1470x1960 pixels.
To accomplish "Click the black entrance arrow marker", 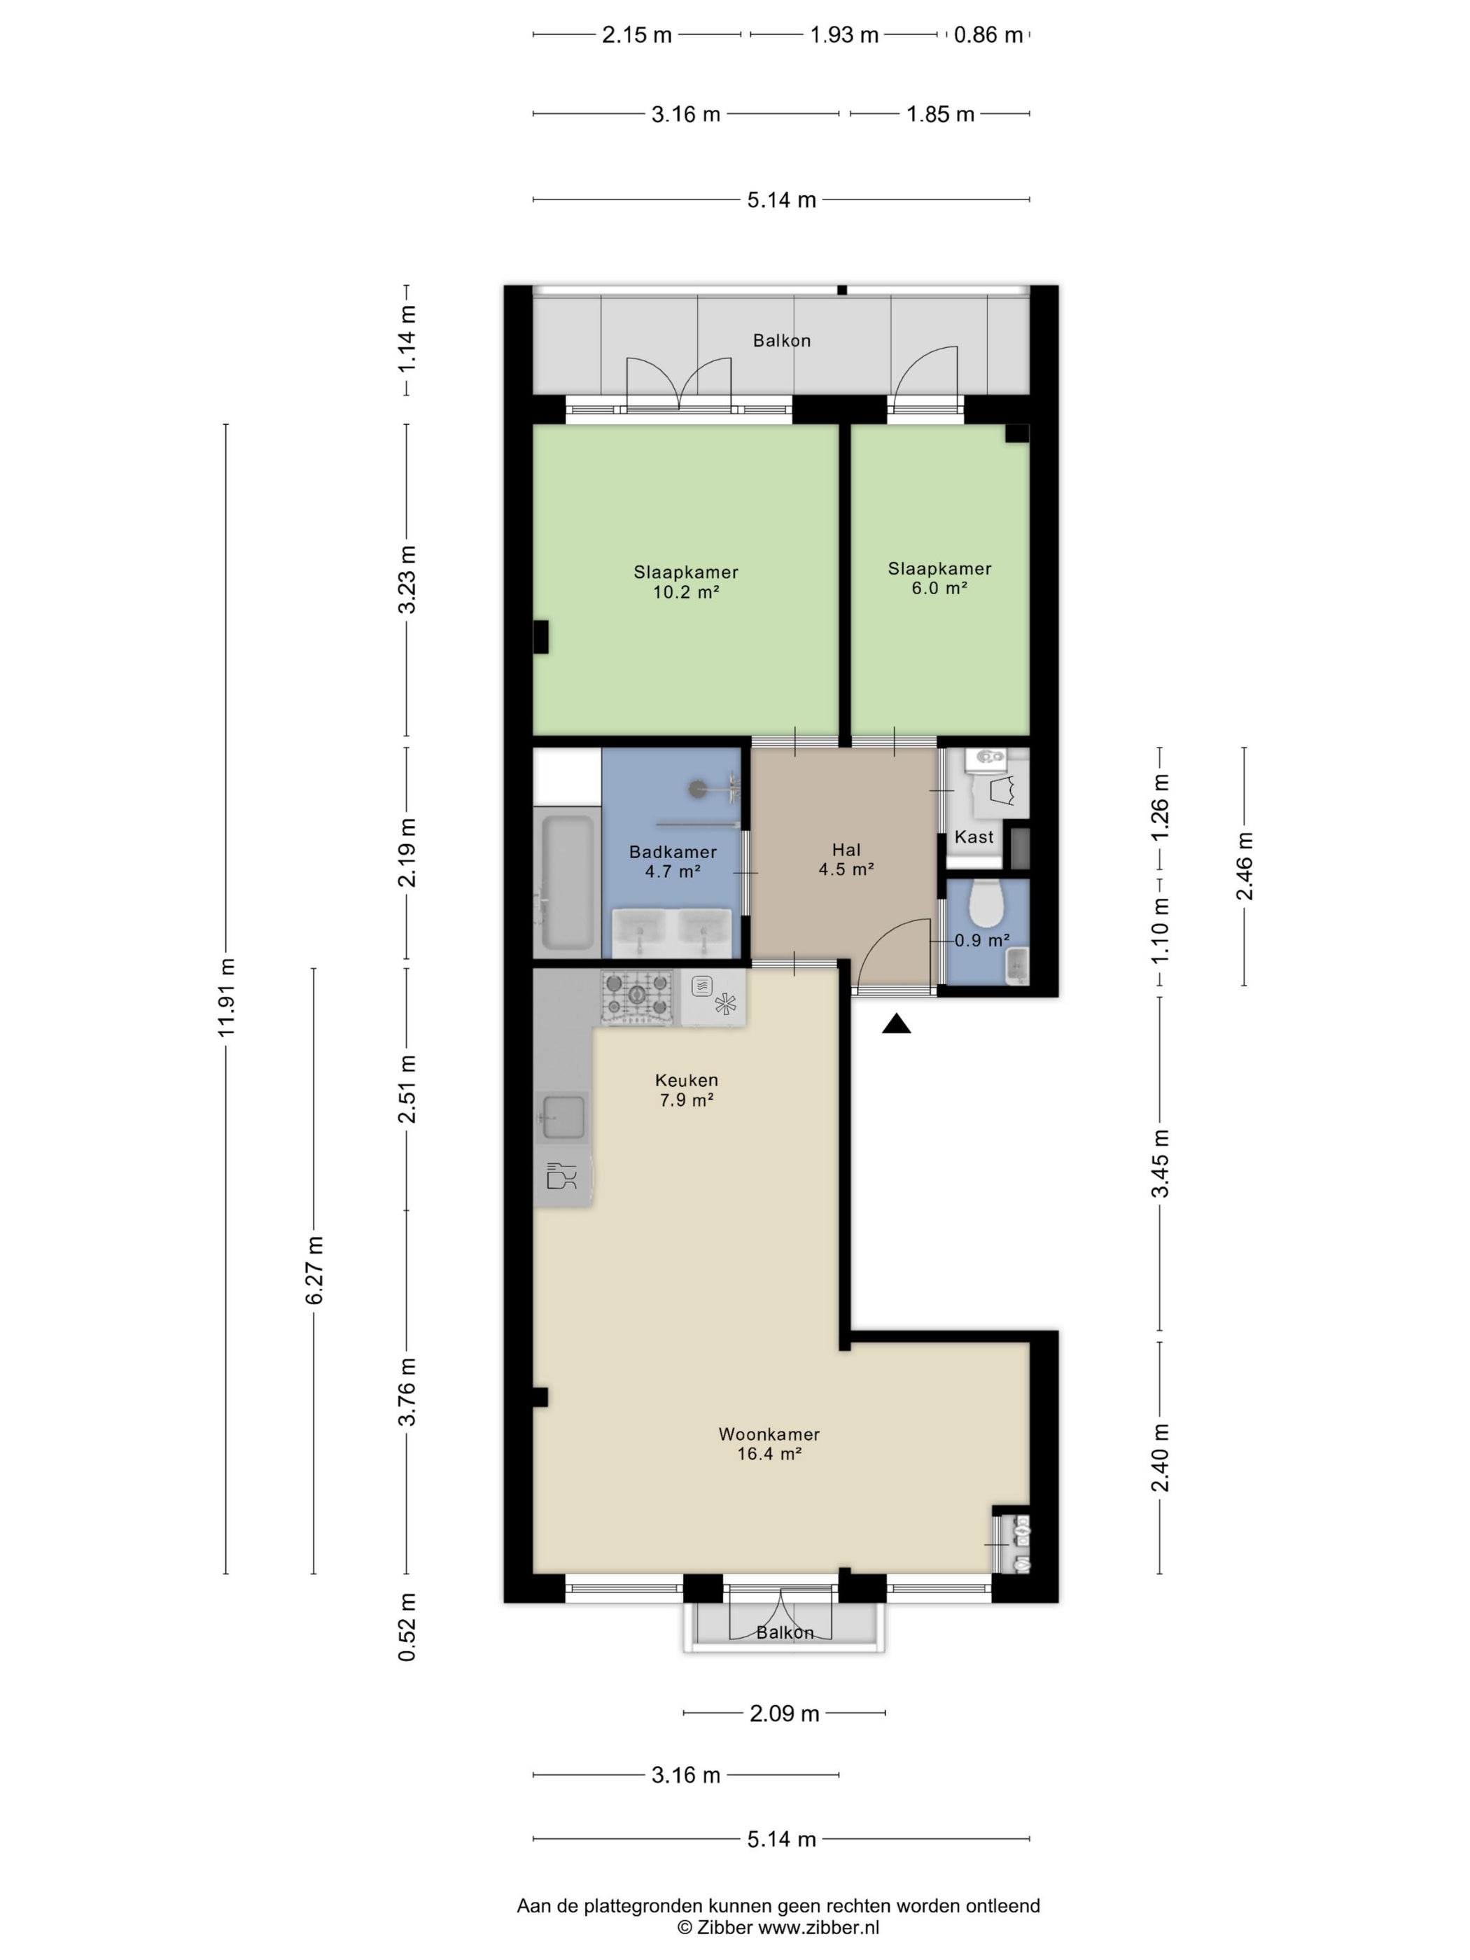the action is point(897,1024).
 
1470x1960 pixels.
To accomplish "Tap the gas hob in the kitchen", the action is point(637,997).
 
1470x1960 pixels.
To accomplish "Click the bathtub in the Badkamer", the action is point(567,881).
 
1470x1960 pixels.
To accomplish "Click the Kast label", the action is point(974,836).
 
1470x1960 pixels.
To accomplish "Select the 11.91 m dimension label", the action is point(227,997).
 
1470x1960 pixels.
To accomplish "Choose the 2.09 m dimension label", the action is point(784,1713).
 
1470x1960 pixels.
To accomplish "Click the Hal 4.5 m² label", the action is point(846,860).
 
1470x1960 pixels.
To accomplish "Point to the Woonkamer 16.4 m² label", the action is point(769,1443).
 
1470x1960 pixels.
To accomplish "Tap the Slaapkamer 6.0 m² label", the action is point(939,577).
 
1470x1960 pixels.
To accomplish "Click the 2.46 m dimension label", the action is point(1245,866).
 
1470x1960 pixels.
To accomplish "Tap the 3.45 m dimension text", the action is point(1160,1163).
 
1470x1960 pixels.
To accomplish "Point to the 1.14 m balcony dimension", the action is point(407,339).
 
